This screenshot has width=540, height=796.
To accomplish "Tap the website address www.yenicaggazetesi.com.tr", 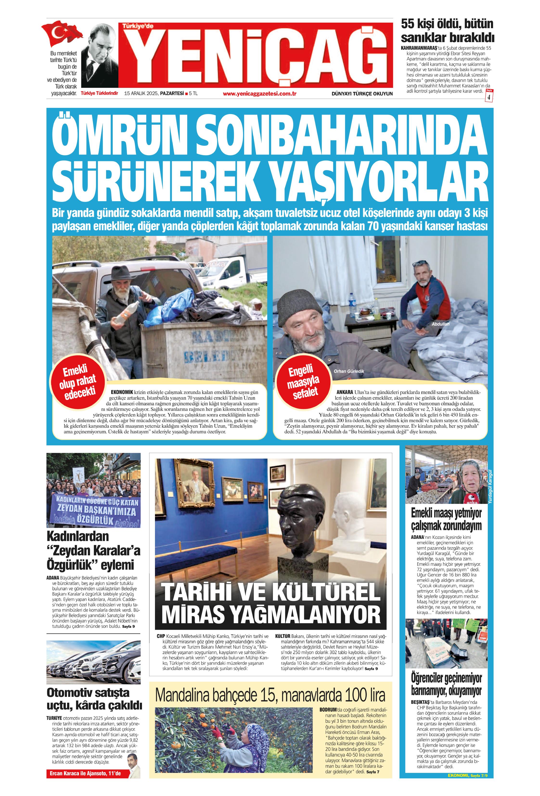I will click(x=259, y=93).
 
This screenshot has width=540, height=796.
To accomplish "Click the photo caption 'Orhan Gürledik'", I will click(x=349, y=371).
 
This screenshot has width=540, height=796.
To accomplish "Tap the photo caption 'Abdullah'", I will click(x=440, y=324).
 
